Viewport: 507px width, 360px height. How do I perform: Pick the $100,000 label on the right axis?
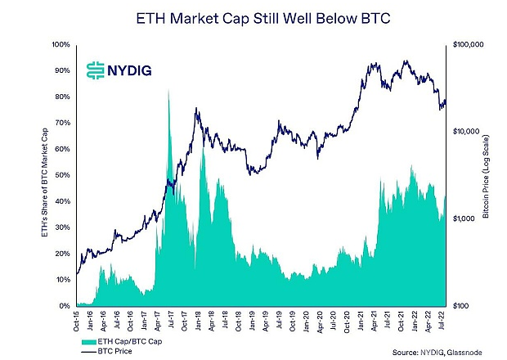(x=468, y=44)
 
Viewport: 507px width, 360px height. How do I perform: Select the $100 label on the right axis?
(x=462, y=306)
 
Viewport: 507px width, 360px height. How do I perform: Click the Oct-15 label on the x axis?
(x=77, y=320)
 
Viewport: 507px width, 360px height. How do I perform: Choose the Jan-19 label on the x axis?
(x=254, y=320)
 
